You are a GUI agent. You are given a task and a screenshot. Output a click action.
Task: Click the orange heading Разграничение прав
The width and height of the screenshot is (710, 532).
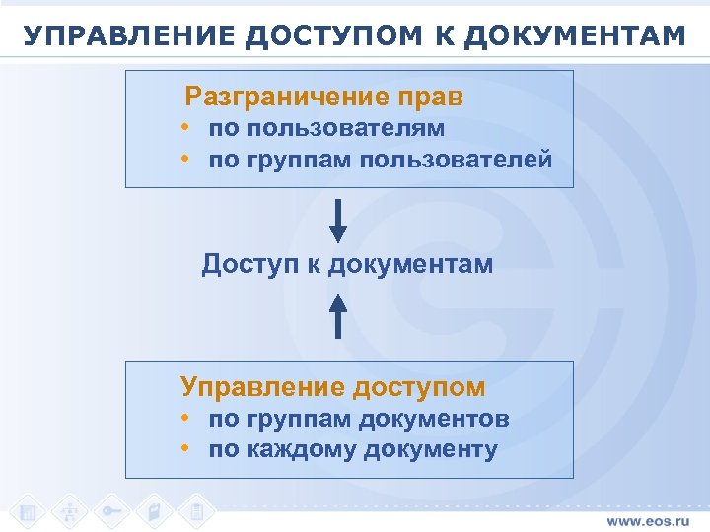point(323,98)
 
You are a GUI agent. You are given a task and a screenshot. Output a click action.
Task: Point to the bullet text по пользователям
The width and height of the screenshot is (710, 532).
point(326,128)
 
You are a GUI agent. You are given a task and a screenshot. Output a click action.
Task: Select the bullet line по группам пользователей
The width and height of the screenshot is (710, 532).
point(380,160)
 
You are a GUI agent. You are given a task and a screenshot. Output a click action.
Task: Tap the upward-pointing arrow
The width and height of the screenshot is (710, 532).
point(338,314)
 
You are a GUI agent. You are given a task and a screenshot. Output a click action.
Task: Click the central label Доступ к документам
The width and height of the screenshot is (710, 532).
point(347,264)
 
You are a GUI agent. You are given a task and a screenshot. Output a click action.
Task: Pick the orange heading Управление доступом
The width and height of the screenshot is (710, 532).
point(332,387)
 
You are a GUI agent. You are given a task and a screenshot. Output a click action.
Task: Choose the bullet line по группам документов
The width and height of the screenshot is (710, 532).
point(359,419)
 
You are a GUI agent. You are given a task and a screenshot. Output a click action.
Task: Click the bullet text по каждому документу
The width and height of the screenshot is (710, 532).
point(353,450)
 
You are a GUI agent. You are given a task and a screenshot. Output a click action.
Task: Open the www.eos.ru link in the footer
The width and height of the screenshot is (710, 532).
point(650,519)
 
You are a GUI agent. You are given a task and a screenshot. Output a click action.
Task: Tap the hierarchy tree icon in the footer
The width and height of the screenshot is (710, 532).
point(69,510)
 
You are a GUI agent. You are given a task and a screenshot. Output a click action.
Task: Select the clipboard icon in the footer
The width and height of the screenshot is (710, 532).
point(197,510)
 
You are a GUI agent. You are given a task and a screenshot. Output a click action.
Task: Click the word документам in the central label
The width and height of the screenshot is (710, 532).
point(410,264)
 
